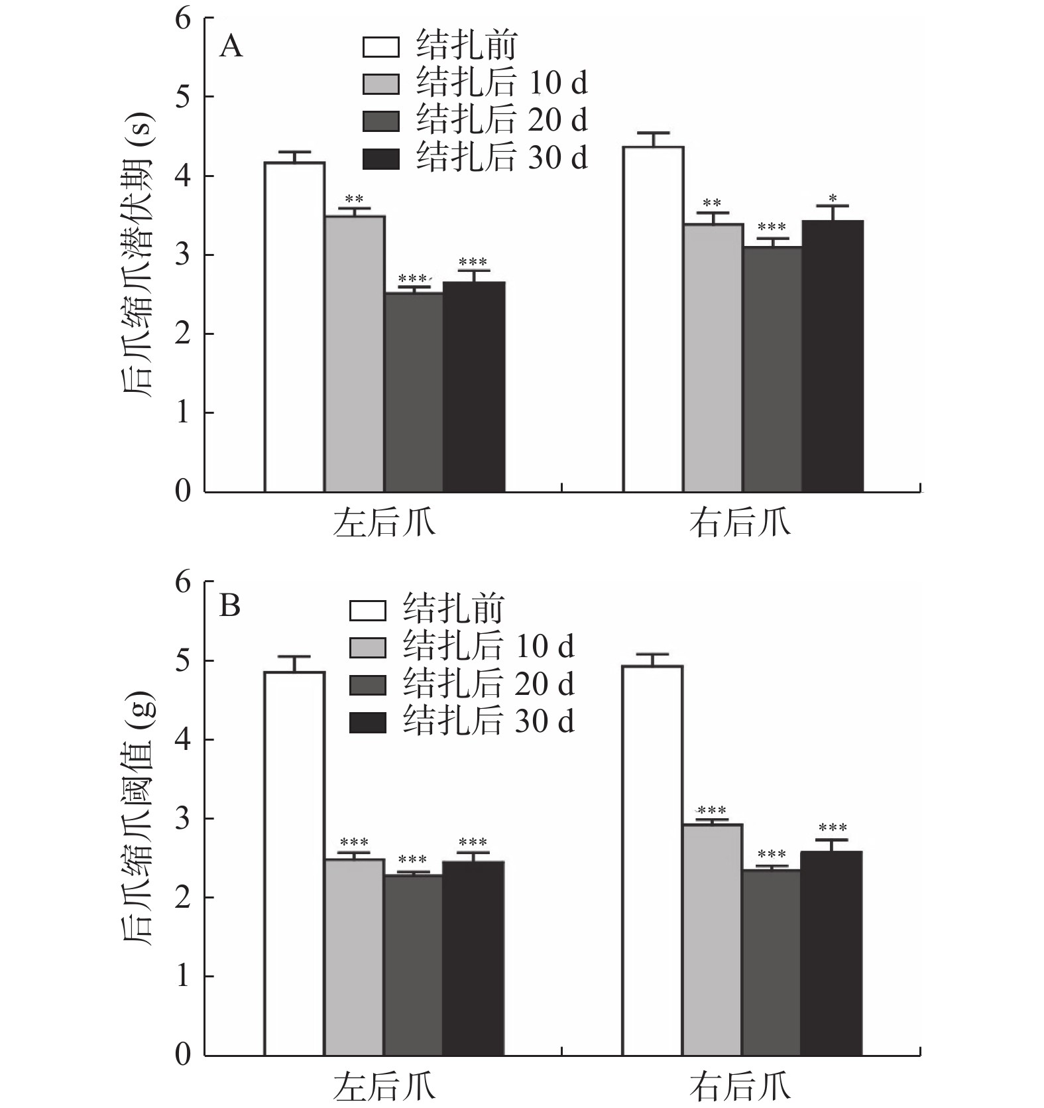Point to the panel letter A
[231, 47]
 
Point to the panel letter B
[229, 605]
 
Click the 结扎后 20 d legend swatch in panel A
[381, 121]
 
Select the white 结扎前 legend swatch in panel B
[367, 610]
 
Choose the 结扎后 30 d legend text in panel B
[489, 721]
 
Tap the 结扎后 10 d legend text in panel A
[502, 83]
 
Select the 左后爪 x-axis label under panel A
[384, 523]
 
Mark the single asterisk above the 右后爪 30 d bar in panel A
[833, 198]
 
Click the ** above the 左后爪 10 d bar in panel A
[354, 199]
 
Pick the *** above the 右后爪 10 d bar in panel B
[711, 810]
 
